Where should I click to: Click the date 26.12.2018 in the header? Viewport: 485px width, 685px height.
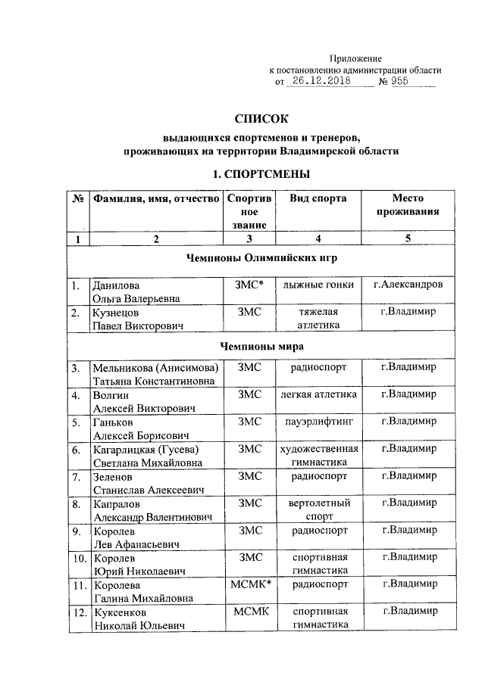[330, 82]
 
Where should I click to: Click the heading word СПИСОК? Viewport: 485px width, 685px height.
[262, 119]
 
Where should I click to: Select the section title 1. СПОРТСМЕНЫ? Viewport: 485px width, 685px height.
[261, 174]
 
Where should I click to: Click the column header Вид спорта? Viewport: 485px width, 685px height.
[318, 198]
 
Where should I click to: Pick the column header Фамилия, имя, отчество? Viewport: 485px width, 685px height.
[155, 198]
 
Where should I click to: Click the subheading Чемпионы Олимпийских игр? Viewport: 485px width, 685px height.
[261, 257]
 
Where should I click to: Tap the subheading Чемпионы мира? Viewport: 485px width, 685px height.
[261, 346]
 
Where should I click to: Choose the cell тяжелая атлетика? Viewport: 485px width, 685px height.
[318, 319]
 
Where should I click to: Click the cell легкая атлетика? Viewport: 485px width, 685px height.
[318, 394]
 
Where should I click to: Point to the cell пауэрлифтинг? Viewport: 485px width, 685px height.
[318, 422]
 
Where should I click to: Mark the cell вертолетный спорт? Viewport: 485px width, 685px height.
[318, 509]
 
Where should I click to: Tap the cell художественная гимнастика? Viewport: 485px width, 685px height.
[318, 455]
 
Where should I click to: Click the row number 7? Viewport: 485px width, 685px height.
[76, 477]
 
